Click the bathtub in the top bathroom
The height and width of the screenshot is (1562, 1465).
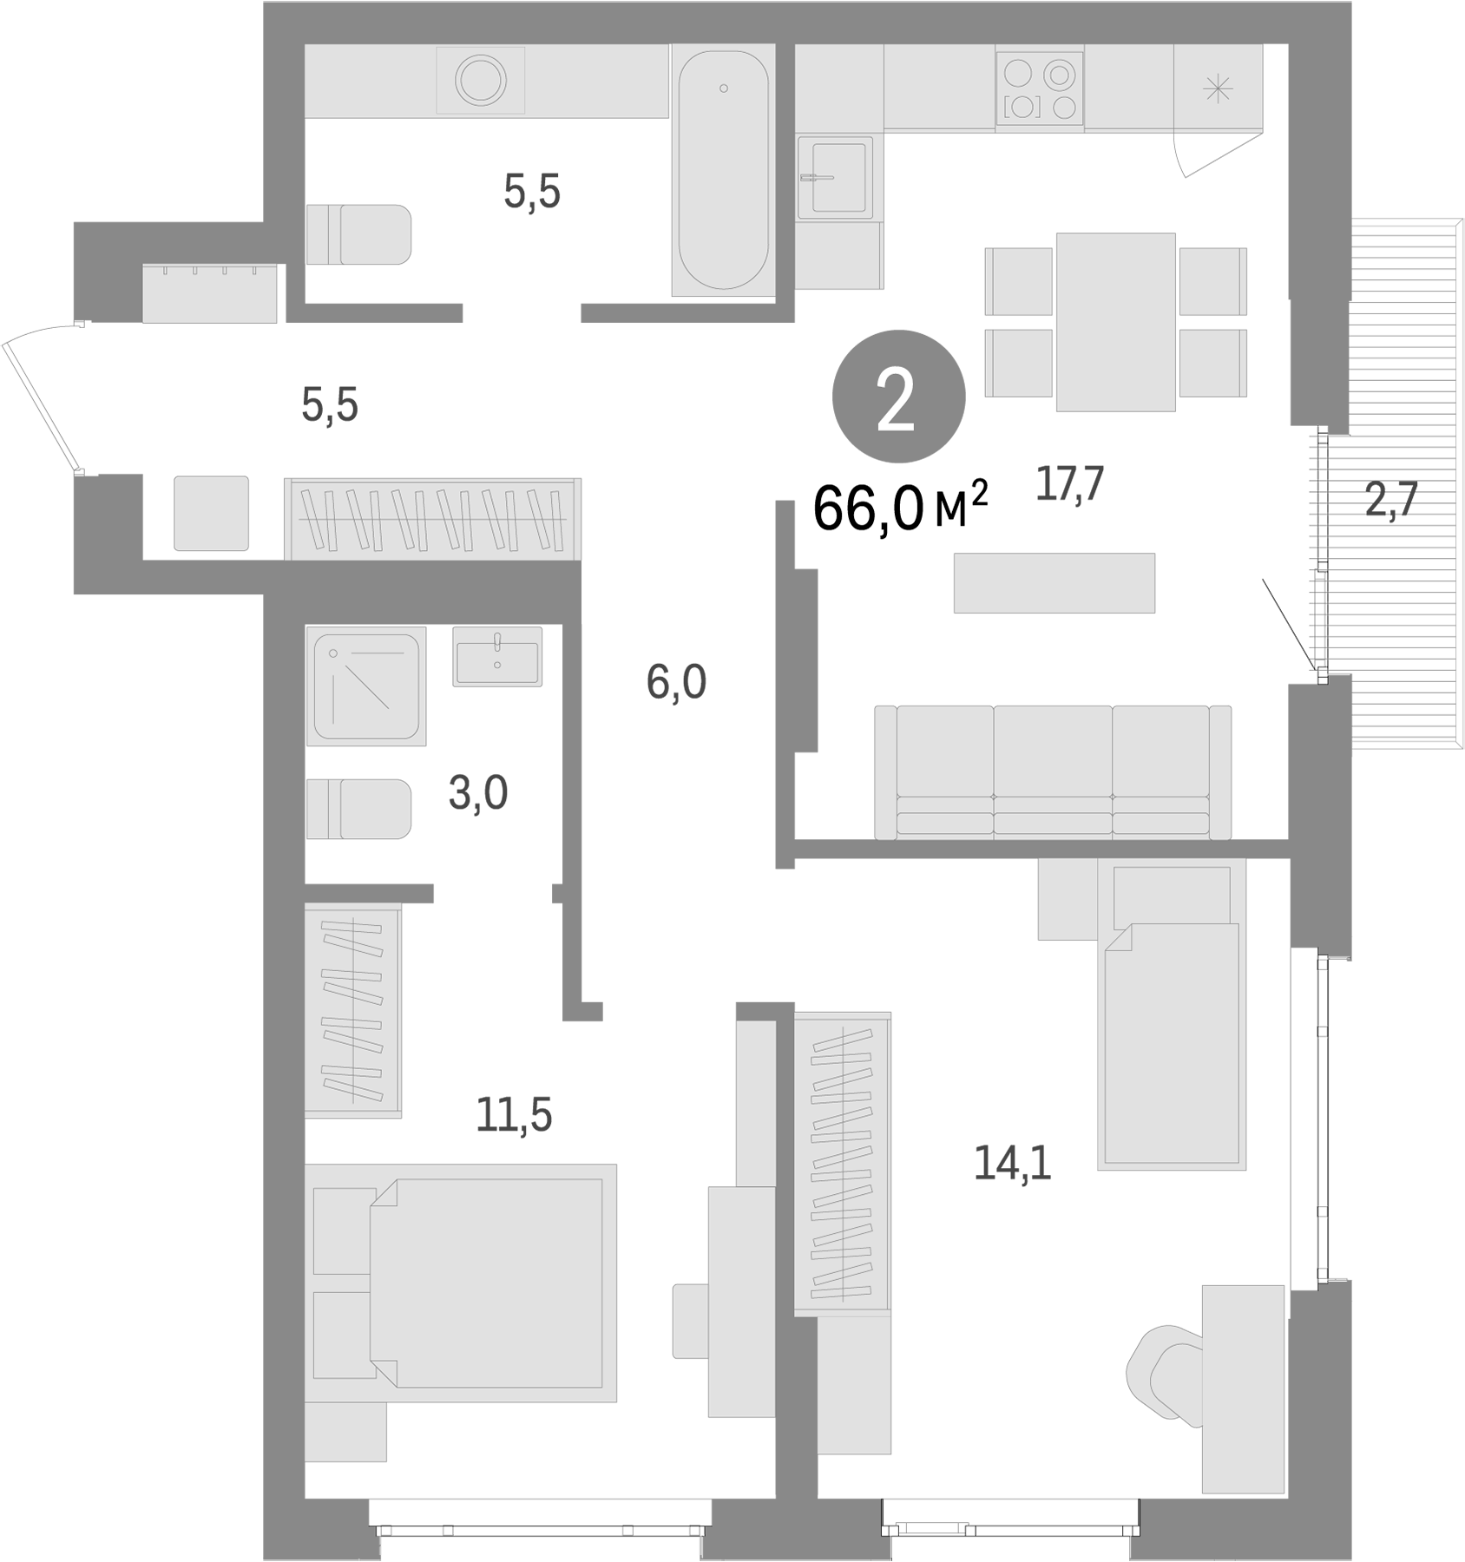point(723,171)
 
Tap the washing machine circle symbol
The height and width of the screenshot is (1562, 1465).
point(481,80)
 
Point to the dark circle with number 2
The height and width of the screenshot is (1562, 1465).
point(898,397)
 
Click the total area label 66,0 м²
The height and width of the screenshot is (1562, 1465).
point(900,509)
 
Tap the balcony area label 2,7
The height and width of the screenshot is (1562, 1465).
point(1390,500)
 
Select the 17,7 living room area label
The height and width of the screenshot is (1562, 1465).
point(1069,483)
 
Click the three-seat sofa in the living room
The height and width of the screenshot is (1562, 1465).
point(1052,772)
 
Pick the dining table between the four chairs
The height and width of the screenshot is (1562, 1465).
point(1115,321)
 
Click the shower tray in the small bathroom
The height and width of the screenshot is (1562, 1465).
point(365,686)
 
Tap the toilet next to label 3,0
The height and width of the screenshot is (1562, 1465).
point(358,809)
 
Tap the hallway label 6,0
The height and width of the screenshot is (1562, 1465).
point(676,683)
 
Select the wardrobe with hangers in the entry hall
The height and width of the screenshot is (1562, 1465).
point(432,518)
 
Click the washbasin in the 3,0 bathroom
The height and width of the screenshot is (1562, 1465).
point(497,657)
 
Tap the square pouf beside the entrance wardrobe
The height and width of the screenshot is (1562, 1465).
point(211,513)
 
